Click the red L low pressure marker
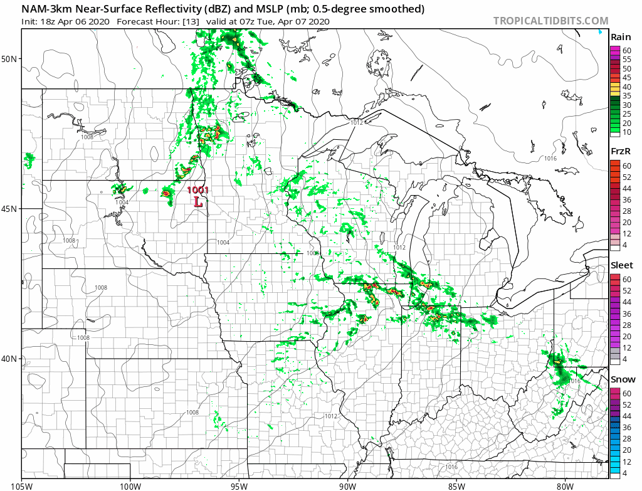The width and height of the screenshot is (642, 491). [x=198, y=202]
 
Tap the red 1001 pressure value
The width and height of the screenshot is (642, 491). [x=197, y=190]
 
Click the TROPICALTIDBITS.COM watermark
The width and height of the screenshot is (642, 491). [x=550, y=21]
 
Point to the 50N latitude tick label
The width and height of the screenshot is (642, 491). [x=11, y=59]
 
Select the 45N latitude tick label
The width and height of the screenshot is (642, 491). [x=11, y=209]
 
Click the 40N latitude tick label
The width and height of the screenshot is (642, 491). [x=11, y=359]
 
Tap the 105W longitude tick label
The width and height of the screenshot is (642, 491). [x=21, y=485]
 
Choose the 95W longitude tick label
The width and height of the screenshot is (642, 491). [x=239, y=485]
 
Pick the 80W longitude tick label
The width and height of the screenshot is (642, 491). [x=565, y=485]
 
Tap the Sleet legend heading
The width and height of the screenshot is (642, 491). [x=621, y=265]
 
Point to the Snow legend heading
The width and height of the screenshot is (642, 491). [x=622, y=379]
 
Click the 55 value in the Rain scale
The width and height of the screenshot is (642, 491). [x=626, y=58]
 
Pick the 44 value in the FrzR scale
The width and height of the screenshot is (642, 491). [x=626, y=187]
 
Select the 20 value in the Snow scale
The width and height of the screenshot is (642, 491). [x=626, y=450]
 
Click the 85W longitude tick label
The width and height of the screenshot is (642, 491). [x=456, y=485]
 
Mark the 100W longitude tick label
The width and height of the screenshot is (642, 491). [x=130, y=485]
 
